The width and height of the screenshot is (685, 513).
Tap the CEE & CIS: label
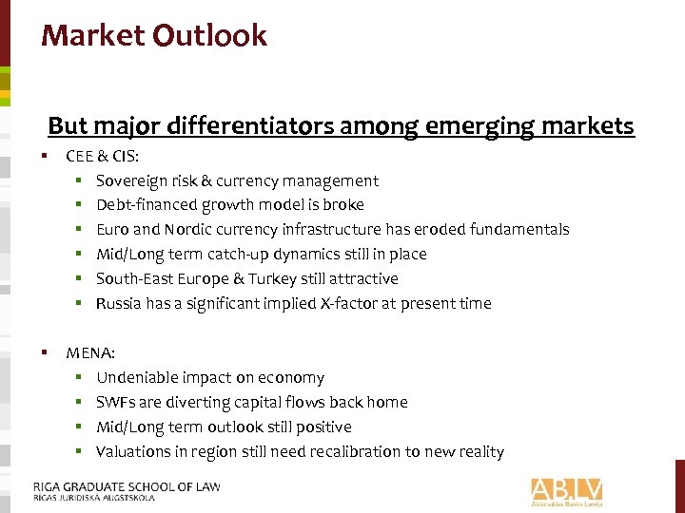point(102,156)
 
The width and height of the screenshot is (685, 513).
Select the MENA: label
point(90,353)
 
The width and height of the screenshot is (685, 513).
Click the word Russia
point(120,304)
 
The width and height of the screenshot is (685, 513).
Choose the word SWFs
point(116,403)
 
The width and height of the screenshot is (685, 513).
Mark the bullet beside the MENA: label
point(45,352)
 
